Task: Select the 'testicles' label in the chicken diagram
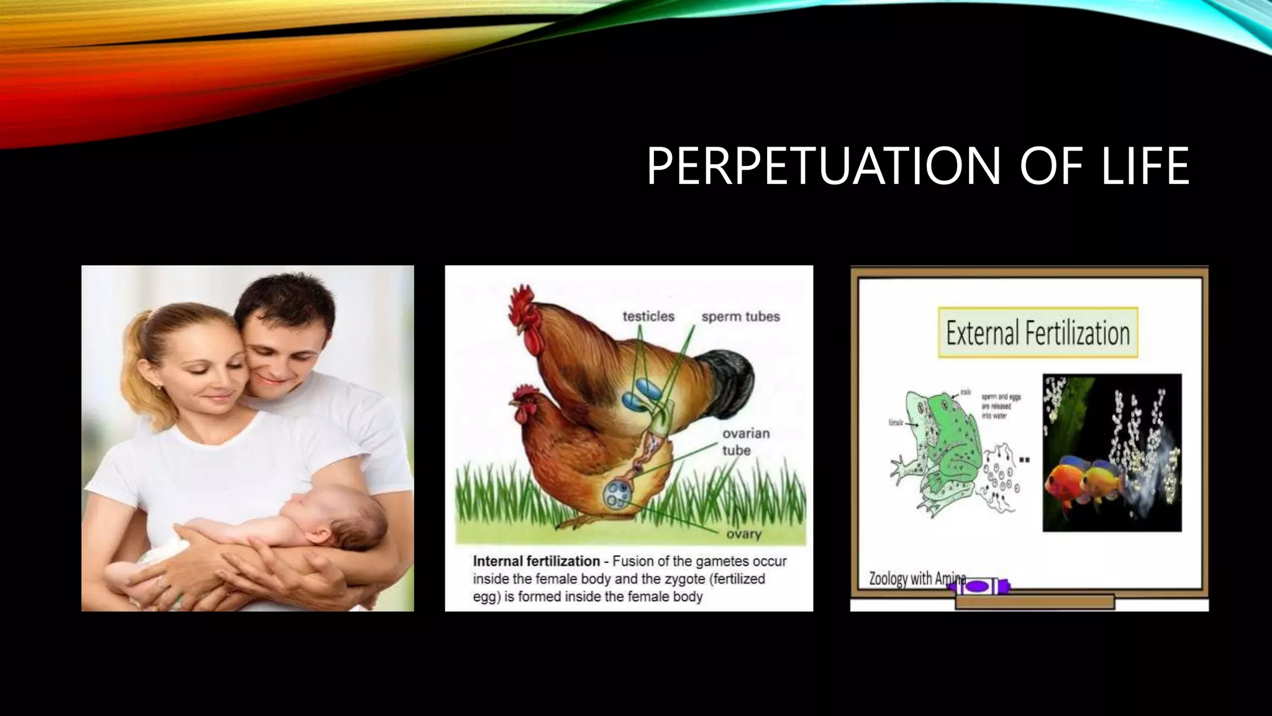[x=648, y=316]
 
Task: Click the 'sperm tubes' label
[x=740, y=316]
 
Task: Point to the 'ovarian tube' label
[x=745, y=441]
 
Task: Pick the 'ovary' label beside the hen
[x=743, y=534]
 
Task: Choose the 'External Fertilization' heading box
[x=1037, y=333]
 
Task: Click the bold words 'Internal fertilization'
[x=536, y=561]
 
